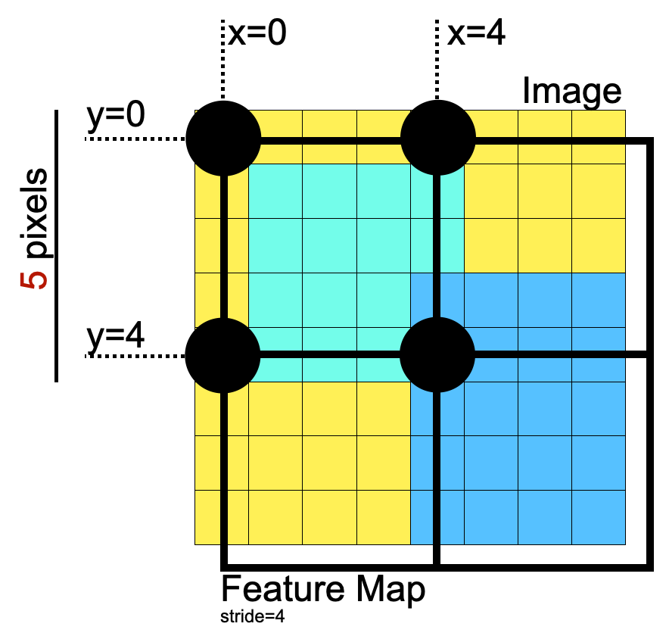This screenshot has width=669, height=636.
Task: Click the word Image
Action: [571, 92]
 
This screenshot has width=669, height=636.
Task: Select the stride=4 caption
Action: [253, 617]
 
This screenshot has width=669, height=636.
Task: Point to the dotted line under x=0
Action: [222, 61]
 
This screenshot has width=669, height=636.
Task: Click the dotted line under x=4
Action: [437, 61]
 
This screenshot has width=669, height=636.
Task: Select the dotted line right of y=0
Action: [136, 139]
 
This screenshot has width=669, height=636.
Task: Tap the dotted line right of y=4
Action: [136, 354]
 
